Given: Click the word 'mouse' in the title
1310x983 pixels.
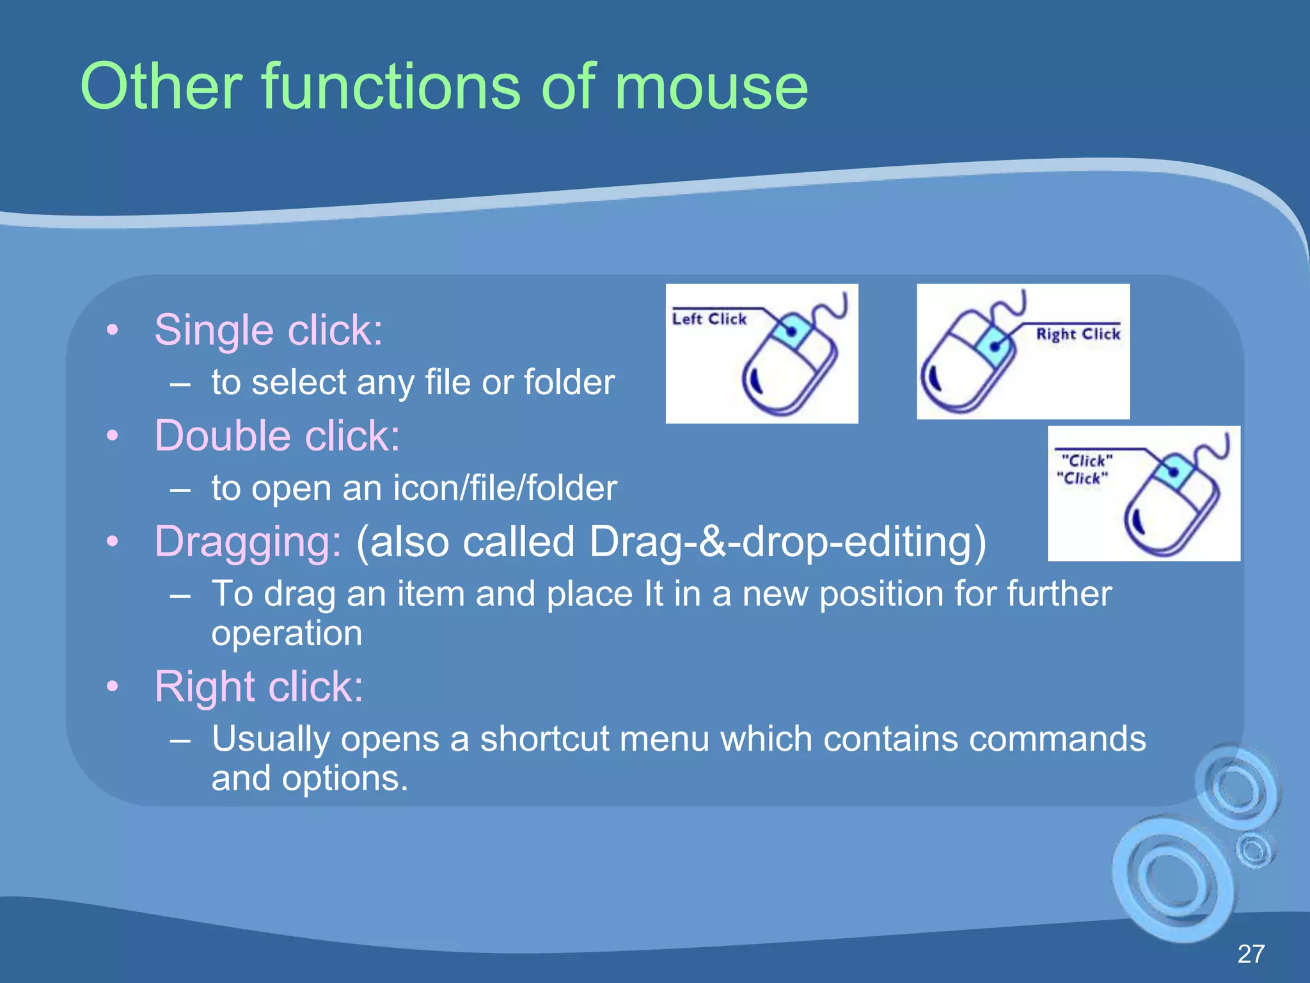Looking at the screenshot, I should (x=711, y=88).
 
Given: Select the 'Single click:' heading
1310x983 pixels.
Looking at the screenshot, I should (x=269, y=331).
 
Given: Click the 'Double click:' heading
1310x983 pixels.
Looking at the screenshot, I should (x=277, y=436).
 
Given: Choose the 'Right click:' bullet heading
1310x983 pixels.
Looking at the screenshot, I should (x=259, y=687).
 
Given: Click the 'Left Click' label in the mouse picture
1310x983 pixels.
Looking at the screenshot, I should (x=709, y=319).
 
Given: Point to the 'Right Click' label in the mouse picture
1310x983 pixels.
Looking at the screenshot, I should (x=1078, y=334).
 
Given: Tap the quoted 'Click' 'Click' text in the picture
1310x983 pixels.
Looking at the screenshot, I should (x=1085, y=469).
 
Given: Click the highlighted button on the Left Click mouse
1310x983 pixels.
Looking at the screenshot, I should (x=791, y=331).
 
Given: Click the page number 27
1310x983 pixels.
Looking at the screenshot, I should (x=1251, y=954).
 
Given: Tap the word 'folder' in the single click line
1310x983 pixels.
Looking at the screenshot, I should (x=569, y=383).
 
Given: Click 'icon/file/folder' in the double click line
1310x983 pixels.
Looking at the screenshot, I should (x=505, y=488).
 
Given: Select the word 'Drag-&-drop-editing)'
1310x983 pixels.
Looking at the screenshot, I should (x=787, y=542).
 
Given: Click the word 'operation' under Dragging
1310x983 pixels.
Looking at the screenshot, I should (x=287, y=634).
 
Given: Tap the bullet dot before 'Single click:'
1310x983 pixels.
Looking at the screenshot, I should (x=113, y=330).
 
